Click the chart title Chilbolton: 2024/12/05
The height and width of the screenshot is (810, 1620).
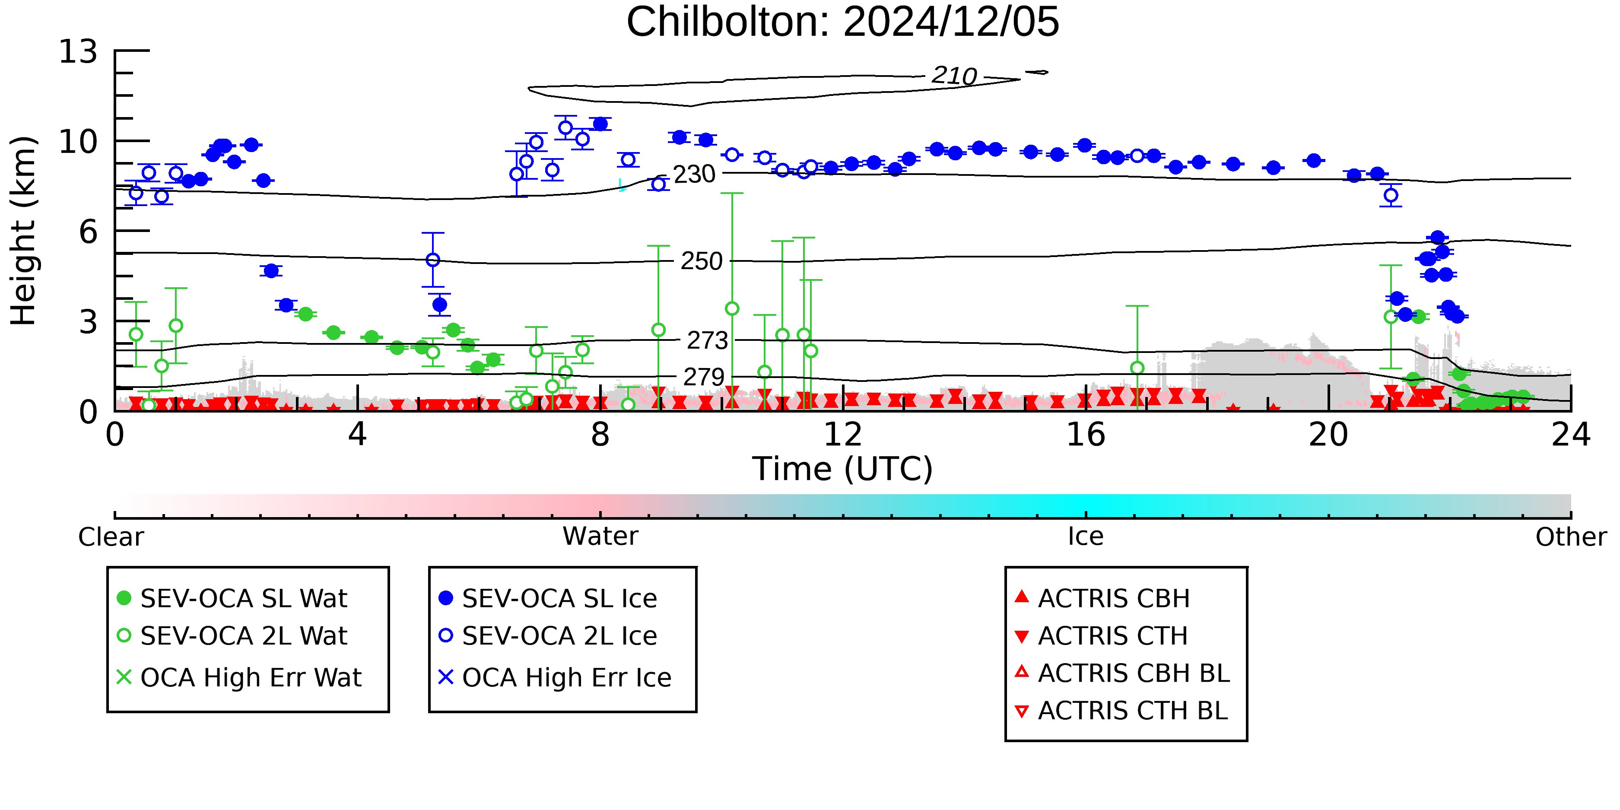[x=843, y=22]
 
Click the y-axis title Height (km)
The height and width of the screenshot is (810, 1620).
[x=24, y=231]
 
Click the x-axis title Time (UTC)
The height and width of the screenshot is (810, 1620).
[x=843, y=469]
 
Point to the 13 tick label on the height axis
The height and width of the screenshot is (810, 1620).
[x=79, y=51]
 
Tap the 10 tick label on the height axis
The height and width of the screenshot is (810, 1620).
[x=79, y=142]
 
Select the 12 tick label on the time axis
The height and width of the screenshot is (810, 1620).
[x=843, y=435]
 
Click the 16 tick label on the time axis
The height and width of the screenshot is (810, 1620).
[x=1086, y=435]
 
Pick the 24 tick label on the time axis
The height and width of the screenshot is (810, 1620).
[x=1571, y=435]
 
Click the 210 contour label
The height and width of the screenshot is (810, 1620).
[x=954, y=76]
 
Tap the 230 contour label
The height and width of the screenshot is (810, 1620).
[x=694, y=174]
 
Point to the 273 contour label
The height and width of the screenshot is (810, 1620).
[x=708, y=340]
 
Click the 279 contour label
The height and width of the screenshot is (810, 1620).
[x=704, y=377]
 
